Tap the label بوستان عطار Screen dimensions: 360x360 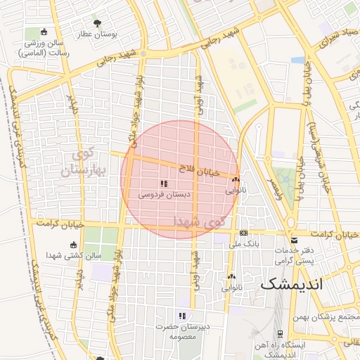tap(116, 33)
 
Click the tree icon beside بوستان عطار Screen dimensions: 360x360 tap(97, 23)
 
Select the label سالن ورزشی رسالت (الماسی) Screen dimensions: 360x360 tap(44, 48)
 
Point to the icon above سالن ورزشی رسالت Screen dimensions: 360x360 tap(44, 32)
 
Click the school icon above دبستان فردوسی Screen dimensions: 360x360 tap(164, 184)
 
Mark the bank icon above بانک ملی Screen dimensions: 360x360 tap(244, 233)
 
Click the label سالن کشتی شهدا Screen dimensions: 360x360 tap(75, 256)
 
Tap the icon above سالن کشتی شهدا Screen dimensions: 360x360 tap(74, 245)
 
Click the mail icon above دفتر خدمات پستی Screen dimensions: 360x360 tap(294, 240)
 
